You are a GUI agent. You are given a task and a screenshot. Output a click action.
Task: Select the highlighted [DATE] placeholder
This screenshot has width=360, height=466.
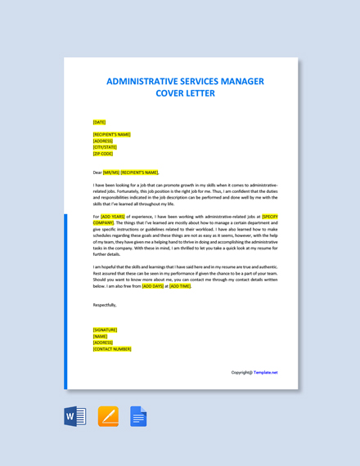click(99, 122)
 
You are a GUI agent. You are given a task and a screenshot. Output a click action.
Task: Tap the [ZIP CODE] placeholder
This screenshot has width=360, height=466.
click(103, 153)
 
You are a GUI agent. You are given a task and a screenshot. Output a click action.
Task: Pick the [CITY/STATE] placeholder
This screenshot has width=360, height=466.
click(105, 147)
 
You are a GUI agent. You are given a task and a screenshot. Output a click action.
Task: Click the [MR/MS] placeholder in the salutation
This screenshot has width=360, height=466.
click(111, 173)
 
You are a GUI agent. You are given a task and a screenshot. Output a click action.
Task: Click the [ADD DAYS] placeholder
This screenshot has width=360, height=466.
click(152, 286)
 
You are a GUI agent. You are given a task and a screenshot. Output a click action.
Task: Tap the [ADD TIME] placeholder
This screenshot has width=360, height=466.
click(180, 286)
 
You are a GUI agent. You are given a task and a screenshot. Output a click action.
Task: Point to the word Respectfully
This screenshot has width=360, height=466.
click(105, 305)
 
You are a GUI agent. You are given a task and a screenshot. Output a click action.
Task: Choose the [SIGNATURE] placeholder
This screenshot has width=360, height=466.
click(105, 330)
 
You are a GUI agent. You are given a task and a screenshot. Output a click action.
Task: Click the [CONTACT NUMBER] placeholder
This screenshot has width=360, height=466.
click(112, 349)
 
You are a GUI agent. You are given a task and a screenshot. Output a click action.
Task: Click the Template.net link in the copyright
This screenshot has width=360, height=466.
click(265, 372)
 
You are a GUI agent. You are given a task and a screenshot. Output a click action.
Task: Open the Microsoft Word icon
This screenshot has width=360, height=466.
click(75, 416)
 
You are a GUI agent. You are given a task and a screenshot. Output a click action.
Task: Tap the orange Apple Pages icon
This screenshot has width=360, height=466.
click(108, 416)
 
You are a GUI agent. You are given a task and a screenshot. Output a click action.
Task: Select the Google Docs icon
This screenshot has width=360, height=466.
click(138, 416)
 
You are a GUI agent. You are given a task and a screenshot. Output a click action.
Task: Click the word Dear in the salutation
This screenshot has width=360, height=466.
click(97, 173)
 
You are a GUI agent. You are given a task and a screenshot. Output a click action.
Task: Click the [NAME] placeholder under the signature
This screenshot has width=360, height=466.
click(100, 336)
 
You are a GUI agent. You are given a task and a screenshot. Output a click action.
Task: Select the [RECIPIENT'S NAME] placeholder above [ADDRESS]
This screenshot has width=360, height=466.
click(111, 134)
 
